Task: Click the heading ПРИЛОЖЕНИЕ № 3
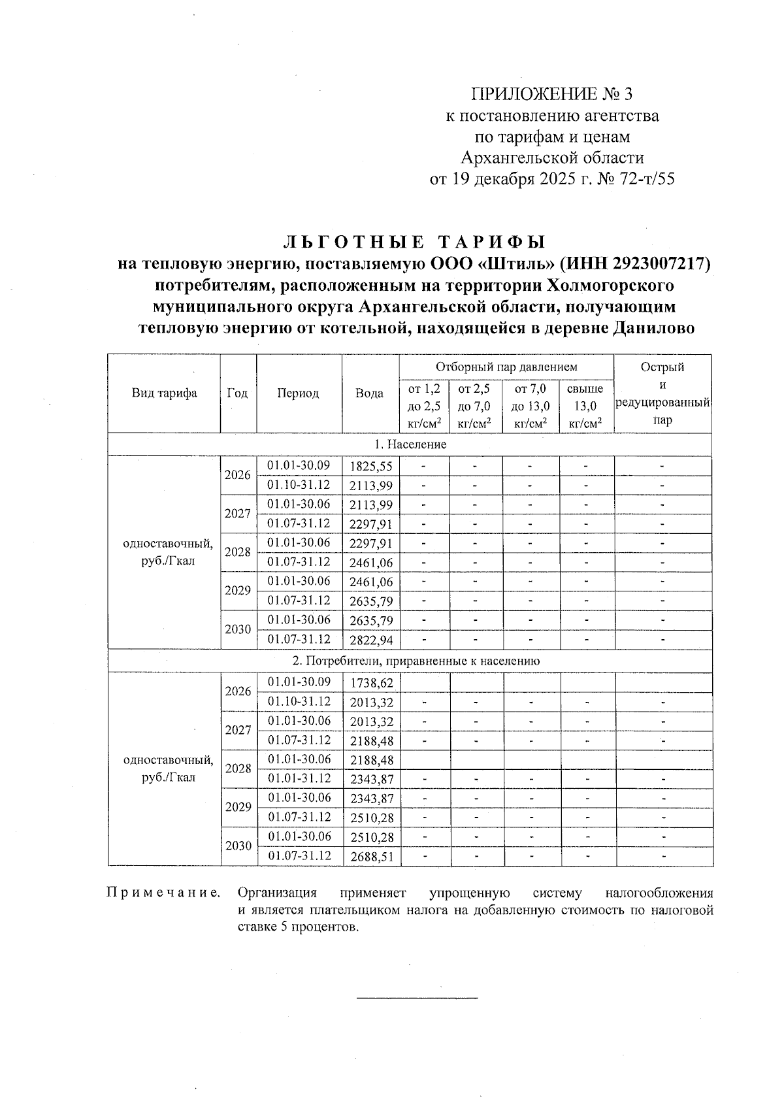552,95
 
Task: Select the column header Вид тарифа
164,393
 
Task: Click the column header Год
238,393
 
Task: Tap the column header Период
299,393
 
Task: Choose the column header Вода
370,393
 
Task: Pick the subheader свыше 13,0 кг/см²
585,406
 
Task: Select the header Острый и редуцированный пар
662,393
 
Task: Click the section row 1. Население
410,444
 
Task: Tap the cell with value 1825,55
371,467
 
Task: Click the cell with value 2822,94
371,640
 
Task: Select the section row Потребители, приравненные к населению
410,661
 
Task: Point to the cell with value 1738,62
372,683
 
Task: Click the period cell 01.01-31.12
299,778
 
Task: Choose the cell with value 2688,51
372,857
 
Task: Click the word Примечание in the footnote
163,893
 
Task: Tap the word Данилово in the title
653,328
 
